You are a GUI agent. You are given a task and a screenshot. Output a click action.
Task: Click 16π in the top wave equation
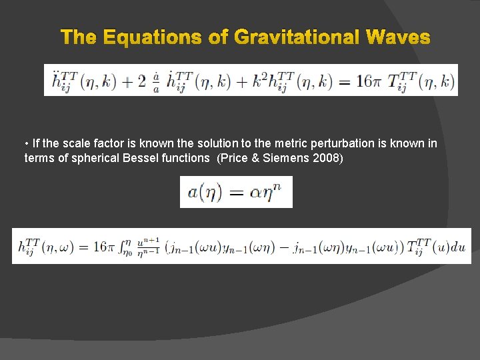point(365,82)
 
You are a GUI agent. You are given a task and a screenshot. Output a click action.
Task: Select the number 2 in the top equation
point(141,82)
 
